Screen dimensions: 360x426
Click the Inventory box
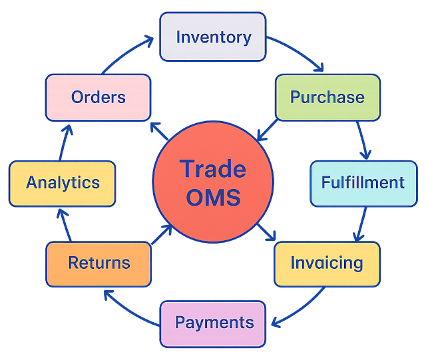click(212, 37)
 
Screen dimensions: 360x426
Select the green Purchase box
click(327, 97)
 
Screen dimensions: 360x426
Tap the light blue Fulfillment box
click(362, 182)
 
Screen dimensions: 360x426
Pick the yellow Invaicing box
click(327, 263)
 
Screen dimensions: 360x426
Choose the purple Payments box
click(213, 323)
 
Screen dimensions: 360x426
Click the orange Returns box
click(99, 264)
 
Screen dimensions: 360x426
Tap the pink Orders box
click(98, 97)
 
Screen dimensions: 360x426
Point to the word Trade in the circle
click(212, 169)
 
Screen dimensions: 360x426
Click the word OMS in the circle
click(212, 198)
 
